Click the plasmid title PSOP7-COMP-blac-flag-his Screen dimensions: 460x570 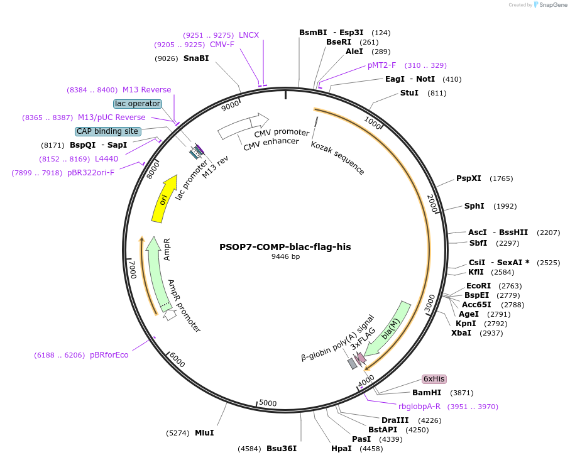coord(285,247)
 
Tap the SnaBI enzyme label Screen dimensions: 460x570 coord(196,58)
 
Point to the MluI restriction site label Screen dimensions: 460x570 coord(204,432)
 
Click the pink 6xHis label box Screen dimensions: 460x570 coord(434,379)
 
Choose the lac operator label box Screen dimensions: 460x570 coord(138,103)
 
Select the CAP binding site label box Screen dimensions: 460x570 coord(107,131)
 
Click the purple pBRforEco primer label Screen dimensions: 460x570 coord(109,355)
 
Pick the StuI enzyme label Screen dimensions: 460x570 coord(409,93)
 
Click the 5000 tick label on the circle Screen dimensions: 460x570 coord(268,403)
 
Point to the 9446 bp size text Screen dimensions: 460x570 coord(285,257)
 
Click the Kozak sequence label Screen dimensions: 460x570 coord(337,158)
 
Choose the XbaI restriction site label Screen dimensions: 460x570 coord(461,332)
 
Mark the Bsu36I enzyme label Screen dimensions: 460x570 coord(281,449)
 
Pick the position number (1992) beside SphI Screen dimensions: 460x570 coord(505,206)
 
